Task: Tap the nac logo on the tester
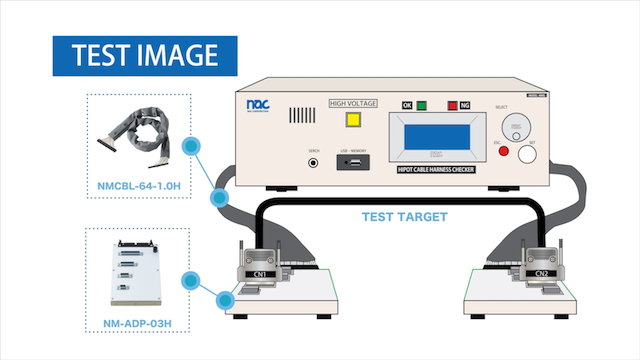[258, 103]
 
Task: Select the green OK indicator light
[425, 105]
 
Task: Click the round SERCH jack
[313, 161]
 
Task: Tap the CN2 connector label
[541, 273]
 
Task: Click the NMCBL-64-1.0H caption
[140, 184]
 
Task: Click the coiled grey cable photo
[138, 136]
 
